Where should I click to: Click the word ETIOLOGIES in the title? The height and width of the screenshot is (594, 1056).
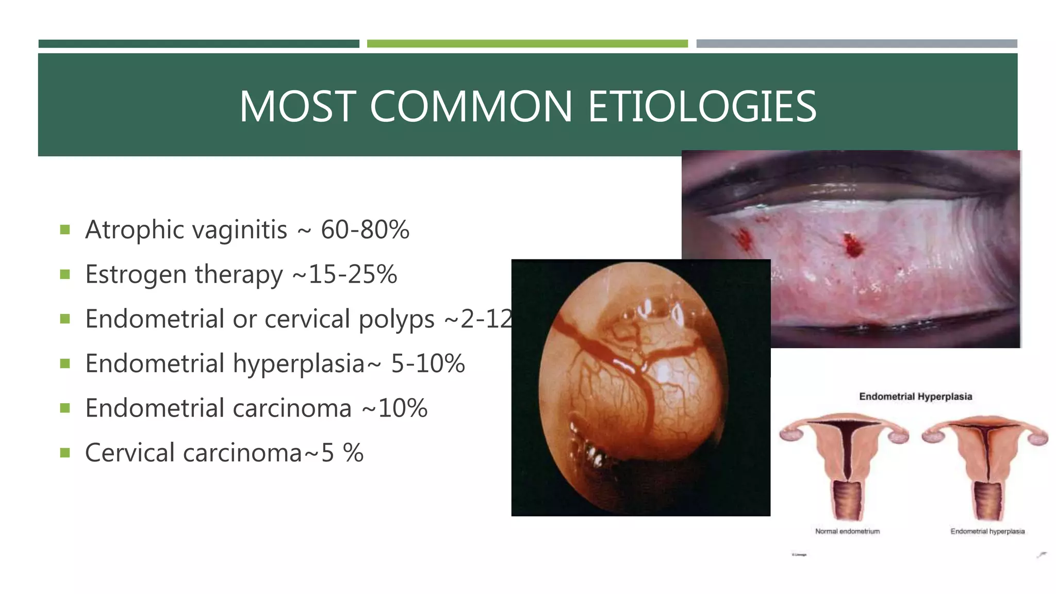[702, 107]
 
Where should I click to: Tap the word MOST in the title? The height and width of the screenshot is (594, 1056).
[298, 107]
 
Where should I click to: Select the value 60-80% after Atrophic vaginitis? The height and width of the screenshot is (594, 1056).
[365, 230]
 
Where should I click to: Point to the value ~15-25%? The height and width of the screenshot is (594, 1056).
[344, 274]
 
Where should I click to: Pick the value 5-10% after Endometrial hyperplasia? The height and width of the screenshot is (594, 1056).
[428, 364]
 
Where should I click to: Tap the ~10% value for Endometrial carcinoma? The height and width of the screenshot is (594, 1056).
[395, 408]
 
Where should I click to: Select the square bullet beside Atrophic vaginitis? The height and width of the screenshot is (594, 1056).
[65, 229]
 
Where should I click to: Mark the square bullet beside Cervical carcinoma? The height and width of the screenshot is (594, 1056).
[65, 453]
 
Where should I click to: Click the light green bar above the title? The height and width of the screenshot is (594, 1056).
[527, 44]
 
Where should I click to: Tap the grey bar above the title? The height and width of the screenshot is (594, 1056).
[856, 44]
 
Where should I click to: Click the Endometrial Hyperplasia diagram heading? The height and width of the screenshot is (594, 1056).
[915, 397]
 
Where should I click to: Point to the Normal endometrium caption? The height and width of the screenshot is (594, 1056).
[847, 531]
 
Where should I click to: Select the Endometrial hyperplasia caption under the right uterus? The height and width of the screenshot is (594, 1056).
[987, 531]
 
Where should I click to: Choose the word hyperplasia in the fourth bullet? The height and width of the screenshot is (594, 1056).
[299, 364]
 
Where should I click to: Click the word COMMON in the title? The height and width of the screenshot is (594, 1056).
[471, 107]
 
